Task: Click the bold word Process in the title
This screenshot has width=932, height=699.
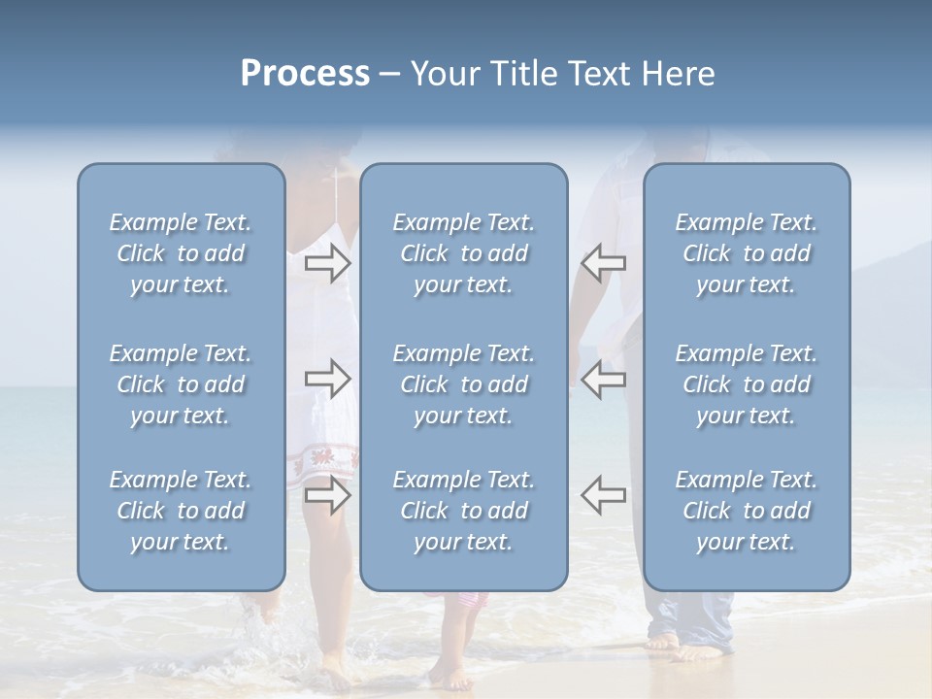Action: [x=305, y=74]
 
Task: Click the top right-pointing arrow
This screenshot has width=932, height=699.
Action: [x=327, y=262]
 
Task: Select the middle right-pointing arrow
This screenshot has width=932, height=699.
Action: [x=327, y=379]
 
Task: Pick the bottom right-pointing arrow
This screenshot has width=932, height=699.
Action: [x=327, y=495]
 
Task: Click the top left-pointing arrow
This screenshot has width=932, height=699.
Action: [x=604, y=262]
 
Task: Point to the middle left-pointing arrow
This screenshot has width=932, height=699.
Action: [x=604, y=379]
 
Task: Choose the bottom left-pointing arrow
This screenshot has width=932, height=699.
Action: [x=604, y=495]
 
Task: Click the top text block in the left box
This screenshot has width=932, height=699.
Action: [x=181, y=253]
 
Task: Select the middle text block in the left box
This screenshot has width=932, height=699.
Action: [x=181, y=384]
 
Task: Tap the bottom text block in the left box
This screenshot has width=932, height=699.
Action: [x=181, y=511]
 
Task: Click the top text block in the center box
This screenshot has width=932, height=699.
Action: [x=463, y=253]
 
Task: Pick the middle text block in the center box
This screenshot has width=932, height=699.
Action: [x=463, y=384]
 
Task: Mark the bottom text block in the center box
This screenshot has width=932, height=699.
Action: [x=463, y=511]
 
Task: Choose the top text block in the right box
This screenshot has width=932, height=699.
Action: [x=746, y=253]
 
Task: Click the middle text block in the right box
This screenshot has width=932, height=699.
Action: [x=746, y=384]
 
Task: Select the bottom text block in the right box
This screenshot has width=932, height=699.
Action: [x=746, y=511]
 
